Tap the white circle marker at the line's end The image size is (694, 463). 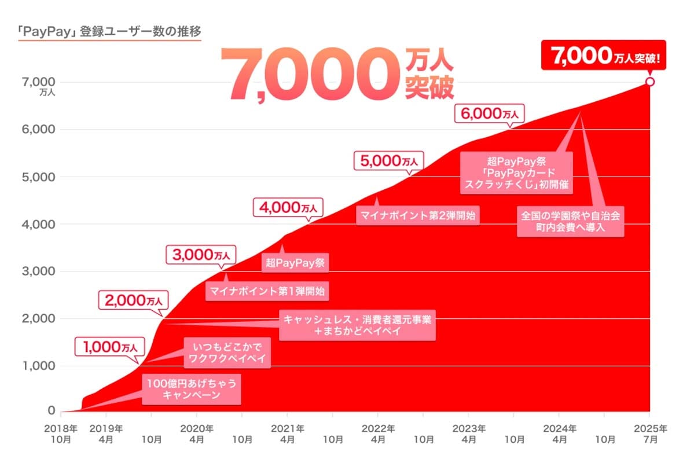(649, 82)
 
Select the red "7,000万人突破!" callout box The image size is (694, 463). (603, 56)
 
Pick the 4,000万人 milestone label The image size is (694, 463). (288, 207)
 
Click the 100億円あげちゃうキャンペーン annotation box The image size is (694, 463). (192, 389)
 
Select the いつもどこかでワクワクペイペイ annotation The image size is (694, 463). (227, 352)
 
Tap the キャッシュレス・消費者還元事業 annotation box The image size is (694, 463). (357, 325)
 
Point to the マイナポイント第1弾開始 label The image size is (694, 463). (267, 291)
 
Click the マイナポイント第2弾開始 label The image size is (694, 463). (417, 216)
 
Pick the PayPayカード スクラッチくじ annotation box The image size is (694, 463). (517, 172)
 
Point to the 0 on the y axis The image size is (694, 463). (51, 411)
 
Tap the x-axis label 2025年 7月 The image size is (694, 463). (649, 434)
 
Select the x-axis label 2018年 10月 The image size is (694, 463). (61, 434)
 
